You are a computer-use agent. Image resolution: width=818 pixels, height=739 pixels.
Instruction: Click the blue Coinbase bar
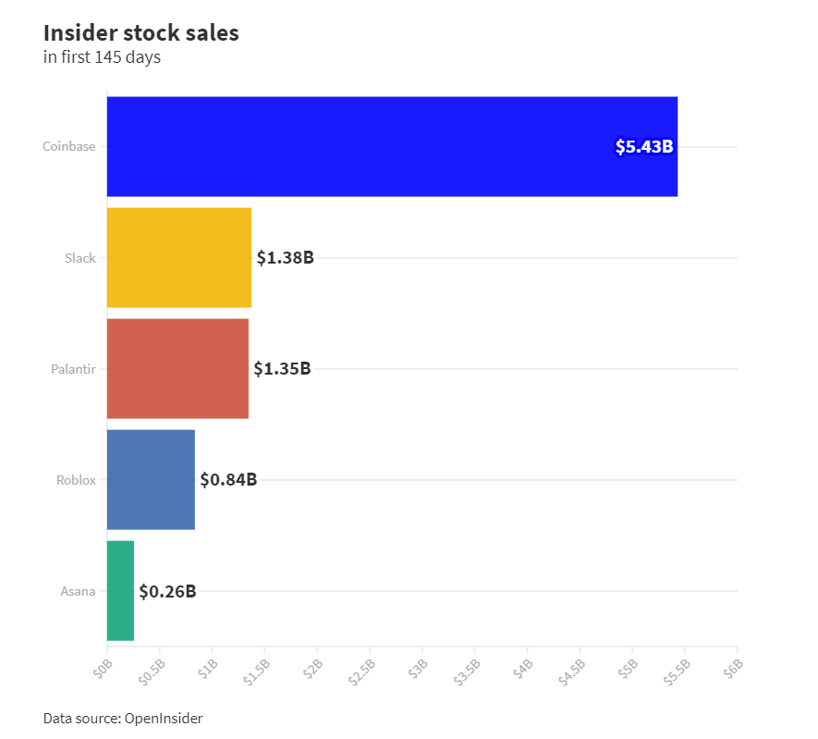click(x=392, y=146)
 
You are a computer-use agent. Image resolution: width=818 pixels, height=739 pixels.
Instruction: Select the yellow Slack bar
click(x=179, y=257)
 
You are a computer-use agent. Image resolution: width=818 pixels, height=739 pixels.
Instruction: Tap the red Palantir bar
click(x=177, y=368)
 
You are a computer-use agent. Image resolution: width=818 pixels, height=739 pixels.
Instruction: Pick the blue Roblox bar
click(x=151, y=479)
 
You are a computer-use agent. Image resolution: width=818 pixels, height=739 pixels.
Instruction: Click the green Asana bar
click(x=120, y=590)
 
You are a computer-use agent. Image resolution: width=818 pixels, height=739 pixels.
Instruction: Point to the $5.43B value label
click(x=644, y=146)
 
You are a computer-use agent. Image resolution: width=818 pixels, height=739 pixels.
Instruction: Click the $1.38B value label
click(x=285, y=258)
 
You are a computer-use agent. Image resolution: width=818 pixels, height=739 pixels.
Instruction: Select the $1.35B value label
click(x=282, y=369)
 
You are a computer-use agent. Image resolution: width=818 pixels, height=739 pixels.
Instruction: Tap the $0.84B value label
click(x=228, y=480)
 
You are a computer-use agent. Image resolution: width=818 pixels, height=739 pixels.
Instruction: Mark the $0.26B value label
click(x=167, y=591)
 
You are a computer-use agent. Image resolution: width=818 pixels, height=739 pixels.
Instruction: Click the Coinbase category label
click(x=68, y=146)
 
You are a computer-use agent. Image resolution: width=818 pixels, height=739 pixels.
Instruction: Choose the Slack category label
click(x=79, y=258)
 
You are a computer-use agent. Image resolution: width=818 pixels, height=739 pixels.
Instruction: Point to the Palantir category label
click(x=73, y=369)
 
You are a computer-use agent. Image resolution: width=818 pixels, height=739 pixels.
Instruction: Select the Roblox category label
click(x=76, y=480)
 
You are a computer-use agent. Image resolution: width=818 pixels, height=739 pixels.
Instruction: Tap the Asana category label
click(x=78, y=591)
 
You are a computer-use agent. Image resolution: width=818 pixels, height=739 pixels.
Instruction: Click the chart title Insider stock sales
click(x=140, y=32)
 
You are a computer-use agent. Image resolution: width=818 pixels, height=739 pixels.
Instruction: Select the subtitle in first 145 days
click(x=102, y=57)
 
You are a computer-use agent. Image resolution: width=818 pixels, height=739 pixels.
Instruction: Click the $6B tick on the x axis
click(x=734, y=667)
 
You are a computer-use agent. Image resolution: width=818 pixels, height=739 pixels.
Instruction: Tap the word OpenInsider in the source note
click(x=163, y=718)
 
